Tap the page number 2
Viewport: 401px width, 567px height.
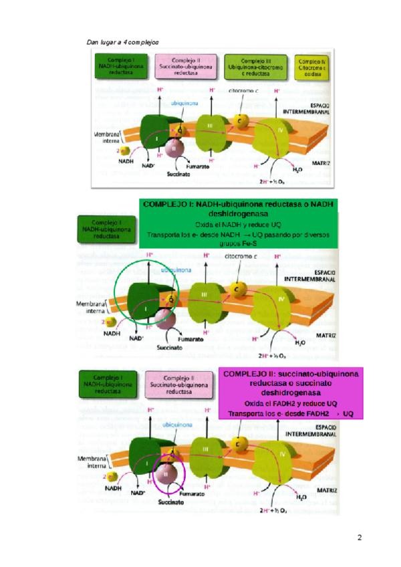pyautogui.click(x=359, y=537)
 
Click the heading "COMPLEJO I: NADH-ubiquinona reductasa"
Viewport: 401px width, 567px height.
pyautogui.click(x=239, y=204)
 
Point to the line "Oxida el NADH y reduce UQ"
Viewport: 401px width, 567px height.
pyautogui.click(x=239, y=225)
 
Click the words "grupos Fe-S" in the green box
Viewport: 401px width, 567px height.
pyautogui.click(x=239, y=242)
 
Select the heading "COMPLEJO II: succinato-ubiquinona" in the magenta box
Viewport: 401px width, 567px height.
pyautogui.click(x=290, y=373)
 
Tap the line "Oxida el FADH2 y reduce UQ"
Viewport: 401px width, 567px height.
pyautogui.click(x=290, y=405)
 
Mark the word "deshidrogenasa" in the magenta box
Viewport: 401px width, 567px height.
pyautogui.click(x=290, y=394)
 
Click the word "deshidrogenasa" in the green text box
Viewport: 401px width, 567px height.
pyautogui.click(x=239, y=214)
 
